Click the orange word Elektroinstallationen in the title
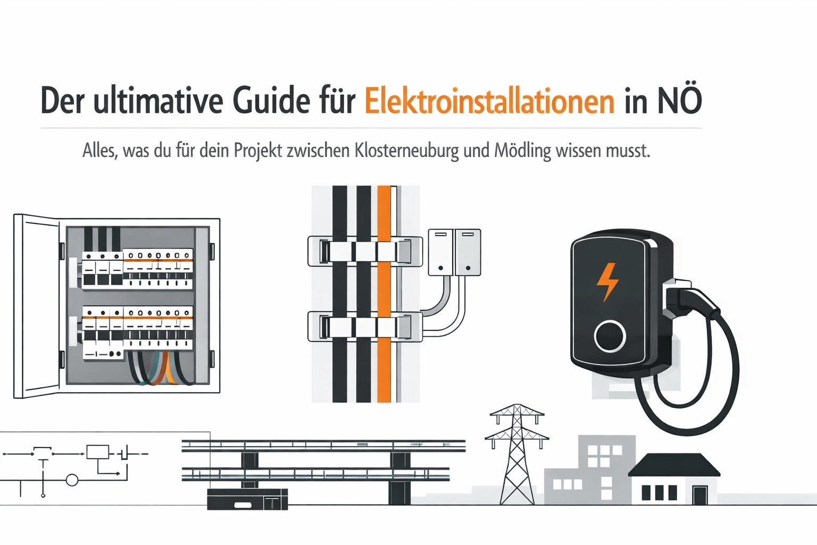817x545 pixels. tap(489, 101)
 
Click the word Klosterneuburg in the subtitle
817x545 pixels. tap(406, 151)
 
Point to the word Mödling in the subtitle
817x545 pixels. tap(522, 151)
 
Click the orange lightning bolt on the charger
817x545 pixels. tap(607, 282)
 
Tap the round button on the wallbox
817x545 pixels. tap(610, 336)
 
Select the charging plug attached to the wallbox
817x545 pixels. tap(689, 302)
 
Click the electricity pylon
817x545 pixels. tap(517, 454)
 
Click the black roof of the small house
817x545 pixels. tap(674, 465)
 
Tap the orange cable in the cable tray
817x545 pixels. tap(384, 294)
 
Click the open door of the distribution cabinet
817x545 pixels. tap(37, 306)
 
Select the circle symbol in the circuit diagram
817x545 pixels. tap(72, 480)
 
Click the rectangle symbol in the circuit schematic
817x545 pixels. tap(97, 452)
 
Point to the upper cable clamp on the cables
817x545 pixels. tap(365, 251)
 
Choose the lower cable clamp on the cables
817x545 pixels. tap(365, 326)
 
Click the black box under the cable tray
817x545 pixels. tap(247, 499)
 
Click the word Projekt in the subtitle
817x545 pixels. tap(258, 151)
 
